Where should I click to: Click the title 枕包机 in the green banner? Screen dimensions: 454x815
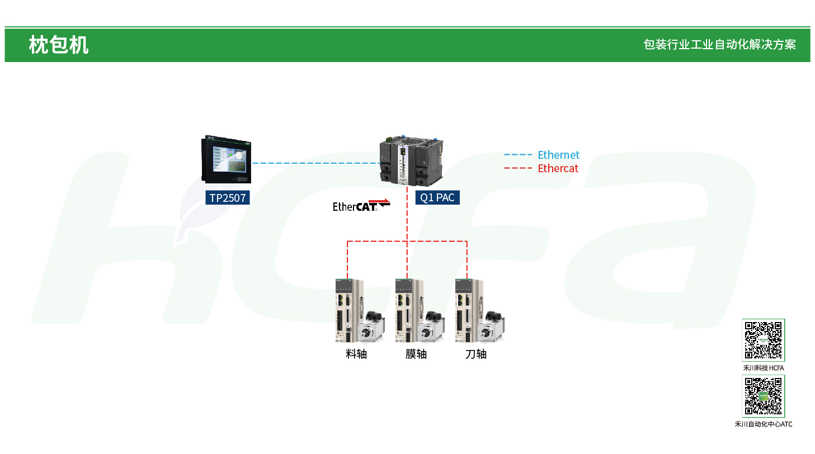[58, 45]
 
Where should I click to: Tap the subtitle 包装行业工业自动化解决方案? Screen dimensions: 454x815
[719, 45]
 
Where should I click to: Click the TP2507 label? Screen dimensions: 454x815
[227, 197]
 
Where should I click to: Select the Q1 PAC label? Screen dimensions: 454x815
[437, 197]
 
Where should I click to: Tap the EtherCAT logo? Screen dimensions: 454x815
[361, 205]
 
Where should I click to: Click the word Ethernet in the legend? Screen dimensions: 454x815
[558, 155]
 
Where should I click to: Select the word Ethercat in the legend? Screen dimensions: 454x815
[558, 168]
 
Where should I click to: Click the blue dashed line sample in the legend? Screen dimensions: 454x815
[518, 155]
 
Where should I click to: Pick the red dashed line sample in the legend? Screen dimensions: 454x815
[518, 168]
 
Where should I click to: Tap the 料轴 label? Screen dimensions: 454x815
[356, 354]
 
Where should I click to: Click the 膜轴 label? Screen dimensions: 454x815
[416, 354]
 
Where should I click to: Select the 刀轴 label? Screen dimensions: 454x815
[476, 354]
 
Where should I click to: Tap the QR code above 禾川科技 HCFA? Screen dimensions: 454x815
[764, 340]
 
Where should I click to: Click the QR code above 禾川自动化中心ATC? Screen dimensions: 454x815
[764, 396]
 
